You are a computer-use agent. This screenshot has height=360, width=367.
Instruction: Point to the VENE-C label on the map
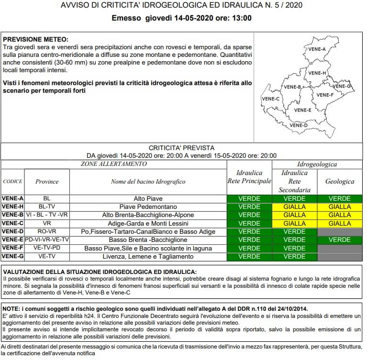[271, 98]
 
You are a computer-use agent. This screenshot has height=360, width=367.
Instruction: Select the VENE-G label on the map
[343, 86]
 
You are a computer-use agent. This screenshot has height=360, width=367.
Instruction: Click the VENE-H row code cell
[12, 207]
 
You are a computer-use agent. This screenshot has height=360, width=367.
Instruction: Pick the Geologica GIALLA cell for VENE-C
[340, 223]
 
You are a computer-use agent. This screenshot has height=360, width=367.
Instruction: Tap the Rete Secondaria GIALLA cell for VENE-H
[294, 207]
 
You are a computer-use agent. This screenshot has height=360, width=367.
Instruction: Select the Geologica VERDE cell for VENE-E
[340, 240]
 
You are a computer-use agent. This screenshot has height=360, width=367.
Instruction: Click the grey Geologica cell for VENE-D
[340, 232]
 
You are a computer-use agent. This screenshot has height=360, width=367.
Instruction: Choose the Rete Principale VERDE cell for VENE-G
[249, 257]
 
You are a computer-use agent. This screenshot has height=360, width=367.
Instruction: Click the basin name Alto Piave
[148, 198]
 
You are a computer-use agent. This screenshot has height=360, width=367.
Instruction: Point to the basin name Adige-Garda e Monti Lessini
[148, 223]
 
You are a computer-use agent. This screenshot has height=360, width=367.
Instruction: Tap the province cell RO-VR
[46, 232]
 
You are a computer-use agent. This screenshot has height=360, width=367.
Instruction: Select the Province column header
[47, 182]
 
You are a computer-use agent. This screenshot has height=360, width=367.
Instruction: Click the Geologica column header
[340, 182]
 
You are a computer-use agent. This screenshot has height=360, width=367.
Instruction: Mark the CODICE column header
[12, 182]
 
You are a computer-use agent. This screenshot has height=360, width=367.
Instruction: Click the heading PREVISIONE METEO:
[35, 39]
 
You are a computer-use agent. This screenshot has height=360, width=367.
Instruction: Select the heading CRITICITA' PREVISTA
[181, 148]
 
